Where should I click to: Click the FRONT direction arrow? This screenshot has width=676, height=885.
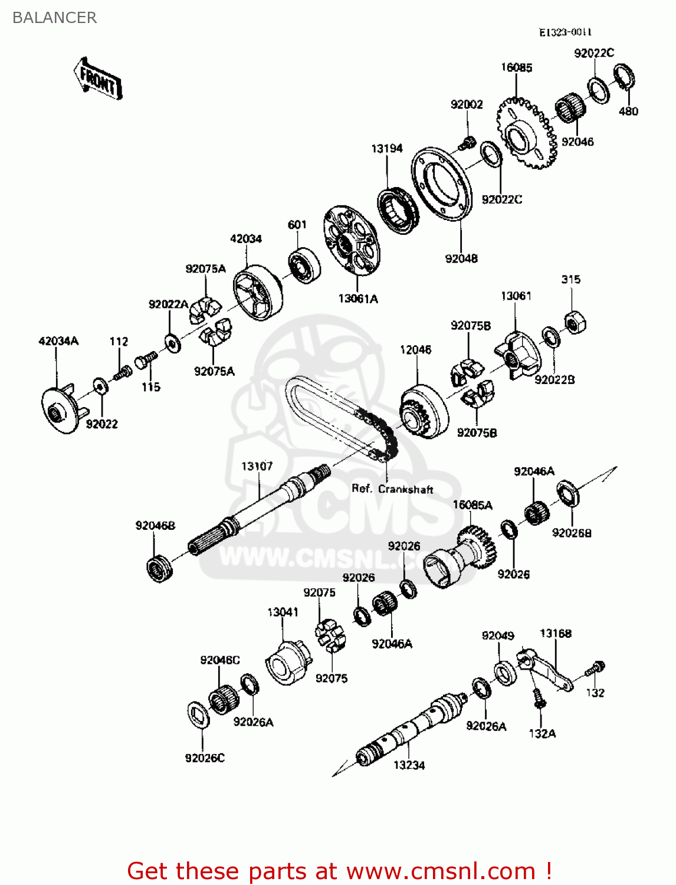click(x=98, y=79)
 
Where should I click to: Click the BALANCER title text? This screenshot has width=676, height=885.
click(x=54, y=18)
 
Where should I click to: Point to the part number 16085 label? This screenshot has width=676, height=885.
click(x=516, y=67)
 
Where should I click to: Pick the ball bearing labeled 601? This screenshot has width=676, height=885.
click(x=304, y=266)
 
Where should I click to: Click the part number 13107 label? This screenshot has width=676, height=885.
click(x=257, y=466)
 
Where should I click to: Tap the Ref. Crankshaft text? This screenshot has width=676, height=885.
click(x=392, y=489)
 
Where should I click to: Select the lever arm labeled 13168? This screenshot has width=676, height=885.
click(x=546, y=671)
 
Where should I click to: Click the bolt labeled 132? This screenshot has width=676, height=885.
click(x=595, y=669)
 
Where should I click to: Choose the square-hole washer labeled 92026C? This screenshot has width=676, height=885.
click(x=199, y=714)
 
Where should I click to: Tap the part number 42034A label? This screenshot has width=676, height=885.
click(x=58, y=341)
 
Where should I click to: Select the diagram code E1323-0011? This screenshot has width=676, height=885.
click(x=565, y=32)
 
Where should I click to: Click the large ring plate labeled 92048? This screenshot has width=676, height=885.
click(x=442, y=184)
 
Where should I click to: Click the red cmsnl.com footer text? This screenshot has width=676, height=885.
click(x=339, y=871)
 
